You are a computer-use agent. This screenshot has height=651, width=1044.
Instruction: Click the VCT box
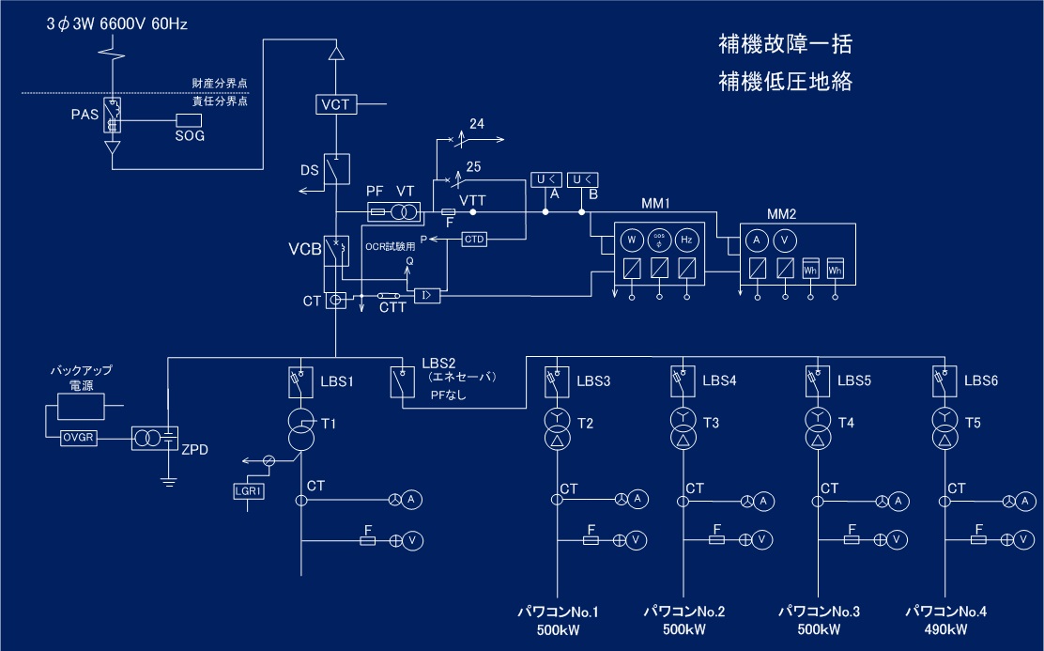335,104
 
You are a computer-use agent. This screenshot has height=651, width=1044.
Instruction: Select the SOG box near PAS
190,120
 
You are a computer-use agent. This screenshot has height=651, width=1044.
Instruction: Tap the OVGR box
74,437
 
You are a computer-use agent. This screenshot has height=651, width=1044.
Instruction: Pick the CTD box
474,240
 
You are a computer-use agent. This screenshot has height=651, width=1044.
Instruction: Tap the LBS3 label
593,381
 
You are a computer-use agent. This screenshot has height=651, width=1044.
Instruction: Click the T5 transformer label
973,424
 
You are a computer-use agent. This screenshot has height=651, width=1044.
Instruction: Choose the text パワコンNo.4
945,612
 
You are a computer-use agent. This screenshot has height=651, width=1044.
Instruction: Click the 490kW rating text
945,629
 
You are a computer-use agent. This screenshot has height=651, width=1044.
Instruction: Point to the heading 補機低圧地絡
784,82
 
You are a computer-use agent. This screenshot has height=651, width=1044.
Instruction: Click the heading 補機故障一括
784,44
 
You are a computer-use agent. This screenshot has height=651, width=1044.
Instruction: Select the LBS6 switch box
942,380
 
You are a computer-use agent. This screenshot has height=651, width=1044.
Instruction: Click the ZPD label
194,450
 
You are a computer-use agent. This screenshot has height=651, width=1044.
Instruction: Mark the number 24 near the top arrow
477,124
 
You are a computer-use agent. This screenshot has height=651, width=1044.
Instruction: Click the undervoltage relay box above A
544,179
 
